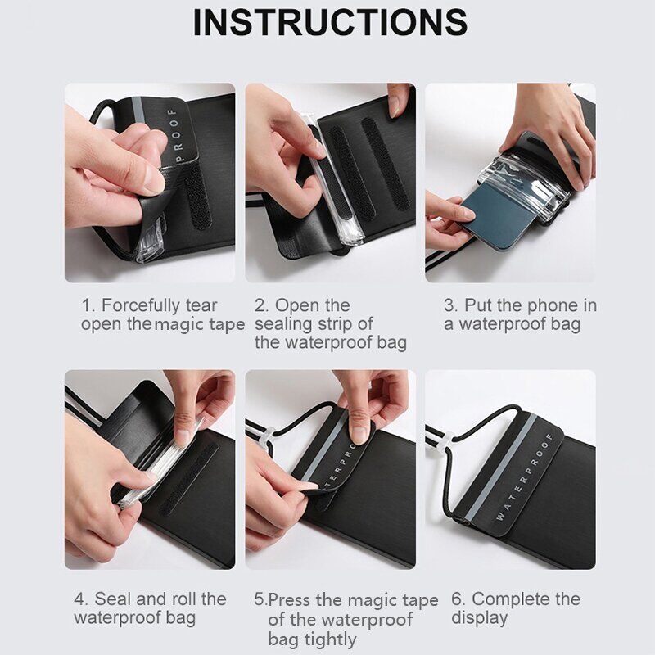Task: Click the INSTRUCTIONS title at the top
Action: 330,23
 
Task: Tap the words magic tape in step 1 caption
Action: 200,324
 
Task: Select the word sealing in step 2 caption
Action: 284,324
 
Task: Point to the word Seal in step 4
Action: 111,599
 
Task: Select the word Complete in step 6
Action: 508,599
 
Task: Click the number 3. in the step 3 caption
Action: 449,305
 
